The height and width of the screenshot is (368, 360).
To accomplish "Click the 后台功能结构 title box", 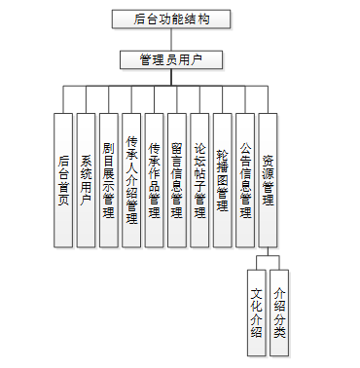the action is [x=171, y=19].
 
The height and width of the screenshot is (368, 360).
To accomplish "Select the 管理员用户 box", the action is [x=171, y=59].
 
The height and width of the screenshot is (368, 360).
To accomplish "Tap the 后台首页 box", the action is [x=63, y=180].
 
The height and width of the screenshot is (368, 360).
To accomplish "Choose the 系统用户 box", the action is [x=86, y=180].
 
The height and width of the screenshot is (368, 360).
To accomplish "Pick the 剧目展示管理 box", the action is [x=109, y=180].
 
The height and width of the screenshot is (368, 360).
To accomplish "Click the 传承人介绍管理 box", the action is [x=131, y=180].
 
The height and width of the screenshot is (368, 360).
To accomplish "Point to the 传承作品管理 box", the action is [x=154, y=180].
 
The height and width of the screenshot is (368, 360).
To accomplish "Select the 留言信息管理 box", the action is [x=177, y=180].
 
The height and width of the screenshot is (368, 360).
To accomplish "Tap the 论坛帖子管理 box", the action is [x=199, y=180].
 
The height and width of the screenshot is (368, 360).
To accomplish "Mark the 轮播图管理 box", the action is [x=223, y=180].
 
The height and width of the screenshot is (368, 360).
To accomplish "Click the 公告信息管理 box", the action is [x=245, y=180].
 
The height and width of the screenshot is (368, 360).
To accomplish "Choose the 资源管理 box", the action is [x=268, y=180].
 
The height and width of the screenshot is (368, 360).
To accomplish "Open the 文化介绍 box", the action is [x=256, y=313].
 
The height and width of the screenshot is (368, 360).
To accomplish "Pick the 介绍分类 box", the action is [x=279, y=313].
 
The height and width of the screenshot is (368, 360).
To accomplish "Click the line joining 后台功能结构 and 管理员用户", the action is [x=171, y=40].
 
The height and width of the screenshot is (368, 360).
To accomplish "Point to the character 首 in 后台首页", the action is [x=63, y=187].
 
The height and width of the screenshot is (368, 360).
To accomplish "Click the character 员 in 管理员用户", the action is [x=171, y=59].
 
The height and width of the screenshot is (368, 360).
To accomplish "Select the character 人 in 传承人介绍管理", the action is [x=131, y=167].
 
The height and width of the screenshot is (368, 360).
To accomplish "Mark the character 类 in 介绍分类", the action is [x=279, y=332].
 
